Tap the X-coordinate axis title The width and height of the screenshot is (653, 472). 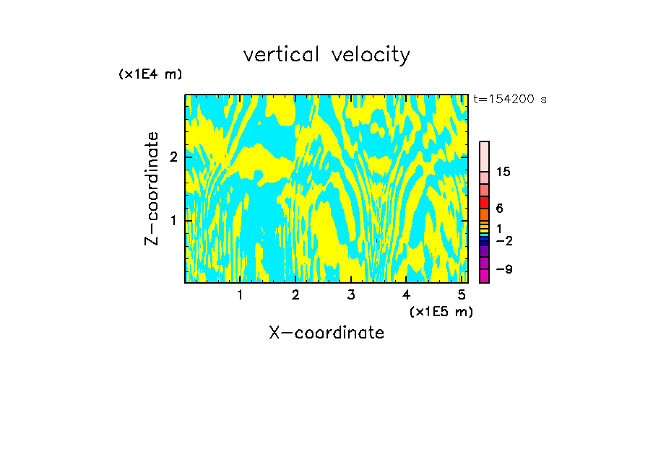point(326,333)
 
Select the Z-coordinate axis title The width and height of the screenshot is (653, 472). point(152,188)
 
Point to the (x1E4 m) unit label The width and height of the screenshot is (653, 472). point(150,74)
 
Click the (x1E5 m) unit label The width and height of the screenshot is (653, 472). point(441,311)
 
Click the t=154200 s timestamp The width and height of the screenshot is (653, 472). point(510,99)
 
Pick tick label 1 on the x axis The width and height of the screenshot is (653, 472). point(240,295)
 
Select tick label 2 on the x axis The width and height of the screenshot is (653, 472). point(295,295)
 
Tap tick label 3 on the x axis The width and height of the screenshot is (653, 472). point(351,295)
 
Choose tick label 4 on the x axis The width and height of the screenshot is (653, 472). point(407,295)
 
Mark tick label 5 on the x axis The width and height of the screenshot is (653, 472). point(462,295)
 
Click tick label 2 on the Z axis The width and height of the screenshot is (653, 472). point(173,157)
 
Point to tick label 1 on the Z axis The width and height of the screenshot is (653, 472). point(173,220)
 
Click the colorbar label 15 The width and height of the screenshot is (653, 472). point(503,172)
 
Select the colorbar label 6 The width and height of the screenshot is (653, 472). point(499,209)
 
